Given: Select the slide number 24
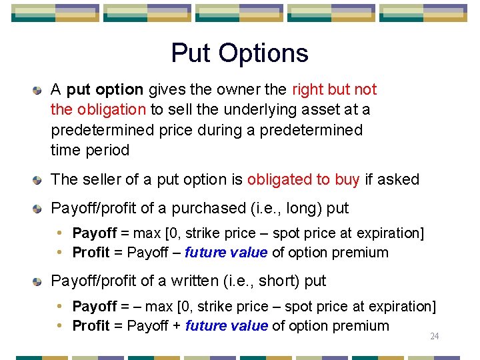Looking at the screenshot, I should click(434, 337).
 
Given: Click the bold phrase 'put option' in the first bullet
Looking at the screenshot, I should click(105, 89).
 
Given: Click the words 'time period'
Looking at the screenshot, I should click(90, 150).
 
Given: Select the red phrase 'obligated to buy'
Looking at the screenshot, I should click(303, 179).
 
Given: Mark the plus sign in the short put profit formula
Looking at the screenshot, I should click(177, 326).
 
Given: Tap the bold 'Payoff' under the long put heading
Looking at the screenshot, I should click(95, 233).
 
